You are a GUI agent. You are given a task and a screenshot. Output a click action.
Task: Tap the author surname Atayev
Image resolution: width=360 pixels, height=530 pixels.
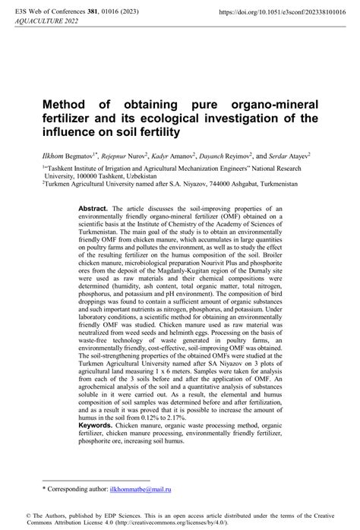(x=311, y=155)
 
